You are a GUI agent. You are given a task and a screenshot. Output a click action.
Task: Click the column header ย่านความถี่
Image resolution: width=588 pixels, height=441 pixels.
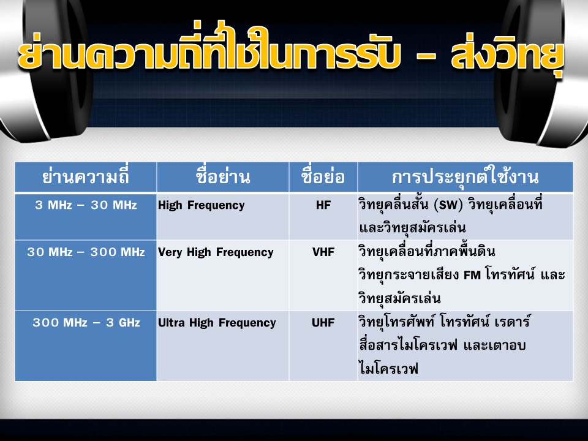coord(86,176)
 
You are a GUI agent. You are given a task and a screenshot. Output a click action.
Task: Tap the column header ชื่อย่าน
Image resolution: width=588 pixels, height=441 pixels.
coord(223,176)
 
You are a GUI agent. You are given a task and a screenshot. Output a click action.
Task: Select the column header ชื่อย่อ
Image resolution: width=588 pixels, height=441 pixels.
coord(323,176)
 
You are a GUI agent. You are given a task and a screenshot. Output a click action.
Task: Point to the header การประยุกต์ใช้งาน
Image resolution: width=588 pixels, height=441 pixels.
coord(465,176)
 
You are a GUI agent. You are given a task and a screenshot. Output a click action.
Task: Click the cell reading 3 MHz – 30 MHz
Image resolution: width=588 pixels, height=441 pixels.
coord(86,205)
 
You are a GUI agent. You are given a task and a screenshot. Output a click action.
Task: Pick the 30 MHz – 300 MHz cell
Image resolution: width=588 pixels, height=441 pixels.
coord(86,252)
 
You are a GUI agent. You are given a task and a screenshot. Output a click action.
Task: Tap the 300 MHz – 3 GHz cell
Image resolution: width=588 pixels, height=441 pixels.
coord(86,323)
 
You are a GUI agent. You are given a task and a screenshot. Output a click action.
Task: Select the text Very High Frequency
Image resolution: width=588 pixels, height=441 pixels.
coord(216,252)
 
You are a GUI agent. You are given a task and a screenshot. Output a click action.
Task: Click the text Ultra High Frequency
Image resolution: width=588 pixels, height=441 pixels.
coord(217,323)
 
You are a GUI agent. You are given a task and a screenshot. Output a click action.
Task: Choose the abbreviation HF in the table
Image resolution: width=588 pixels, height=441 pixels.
coord(323,205)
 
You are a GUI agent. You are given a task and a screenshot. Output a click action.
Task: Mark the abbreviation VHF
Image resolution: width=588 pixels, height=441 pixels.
coord(323,252)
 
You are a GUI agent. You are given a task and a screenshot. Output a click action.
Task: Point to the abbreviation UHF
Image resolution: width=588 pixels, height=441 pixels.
coord(323,323)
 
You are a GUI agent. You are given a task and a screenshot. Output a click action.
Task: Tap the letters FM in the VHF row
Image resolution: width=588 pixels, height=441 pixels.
coord(472,276)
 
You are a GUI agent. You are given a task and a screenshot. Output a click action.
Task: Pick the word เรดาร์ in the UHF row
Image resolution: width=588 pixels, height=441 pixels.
coord(512,322)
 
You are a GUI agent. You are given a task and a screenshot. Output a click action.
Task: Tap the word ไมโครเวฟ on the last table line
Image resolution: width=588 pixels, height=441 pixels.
coord(388,369)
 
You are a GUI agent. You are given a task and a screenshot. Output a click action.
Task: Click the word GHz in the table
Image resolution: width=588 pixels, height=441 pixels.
coord(129,323)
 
